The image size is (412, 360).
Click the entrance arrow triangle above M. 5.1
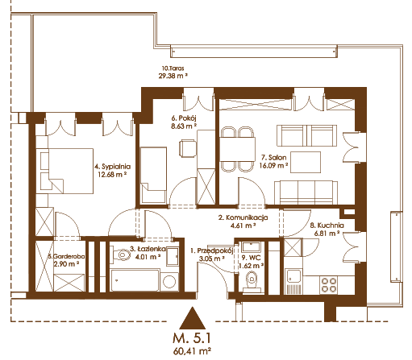193,320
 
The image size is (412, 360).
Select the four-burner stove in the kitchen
329,285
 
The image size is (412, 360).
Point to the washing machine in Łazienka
169,282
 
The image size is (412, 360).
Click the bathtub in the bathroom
135,280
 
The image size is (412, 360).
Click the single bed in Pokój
153,175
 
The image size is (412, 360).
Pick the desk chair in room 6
188,148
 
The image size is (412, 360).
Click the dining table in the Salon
237,149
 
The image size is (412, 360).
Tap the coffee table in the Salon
306,163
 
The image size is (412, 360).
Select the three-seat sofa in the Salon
306,192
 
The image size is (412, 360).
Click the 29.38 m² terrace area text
173,76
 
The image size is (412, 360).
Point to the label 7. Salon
273,157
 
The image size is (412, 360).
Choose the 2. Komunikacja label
243,217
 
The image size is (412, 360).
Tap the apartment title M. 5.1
192,338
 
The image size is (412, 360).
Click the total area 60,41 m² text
192,351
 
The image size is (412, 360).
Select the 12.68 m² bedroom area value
112,175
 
